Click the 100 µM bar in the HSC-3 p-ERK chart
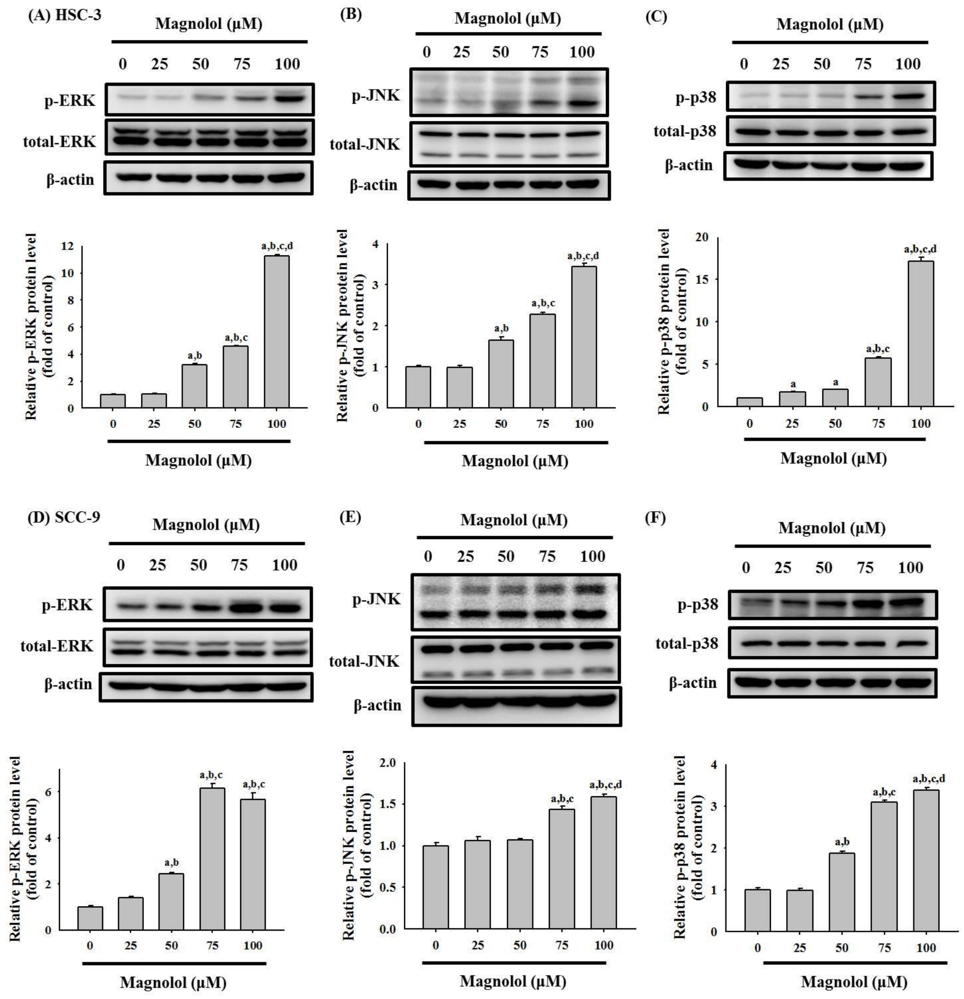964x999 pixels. point(276,331)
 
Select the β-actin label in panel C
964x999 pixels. point(689,165)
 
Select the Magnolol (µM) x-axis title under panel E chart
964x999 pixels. point(513,981)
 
